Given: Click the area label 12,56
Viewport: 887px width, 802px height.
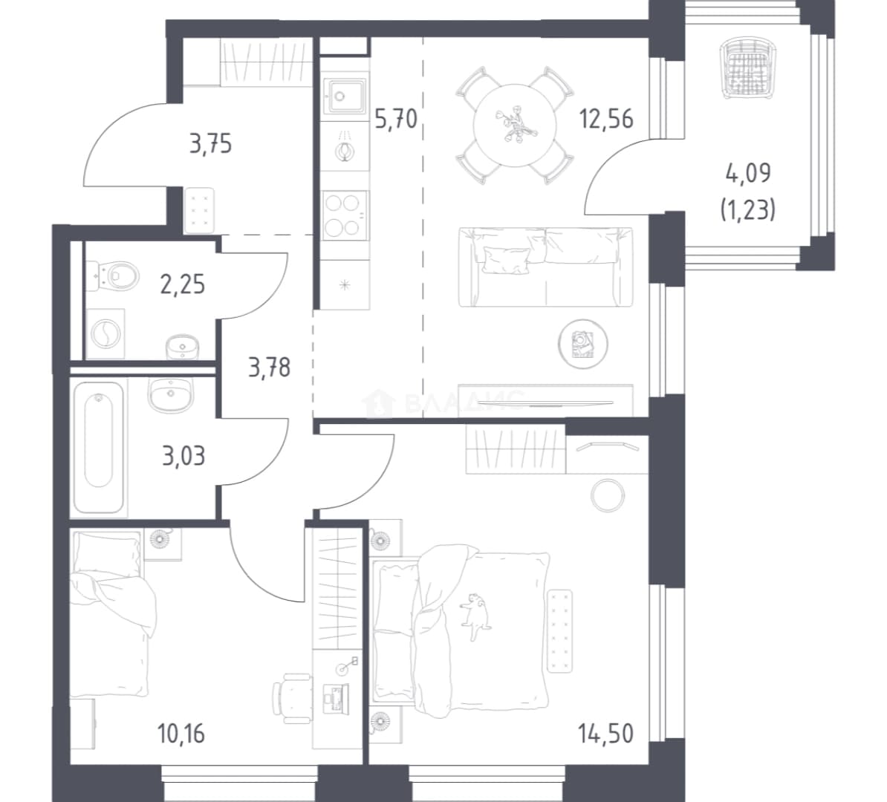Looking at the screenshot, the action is coord(605,120).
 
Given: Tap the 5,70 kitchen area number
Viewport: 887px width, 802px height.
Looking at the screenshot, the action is coord(396,120).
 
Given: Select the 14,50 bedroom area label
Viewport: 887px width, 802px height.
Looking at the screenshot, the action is coord(605,734).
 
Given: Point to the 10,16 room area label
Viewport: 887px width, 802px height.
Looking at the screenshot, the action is coord(181,734).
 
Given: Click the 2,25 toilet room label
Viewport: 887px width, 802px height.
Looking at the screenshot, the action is coord(182,284).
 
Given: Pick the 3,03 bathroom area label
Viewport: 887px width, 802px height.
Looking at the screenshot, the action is coord(183,455).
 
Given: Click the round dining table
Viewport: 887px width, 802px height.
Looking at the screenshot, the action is coord(515,125).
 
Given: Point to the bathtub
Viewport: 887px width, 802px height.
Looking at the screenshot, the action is coord(98,448).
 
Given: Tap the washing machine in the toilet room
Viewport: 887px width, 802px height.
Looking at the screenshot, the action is coord(105,333).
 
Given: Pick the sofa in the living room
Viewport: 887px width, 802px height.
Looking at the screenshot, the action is coord(546,267).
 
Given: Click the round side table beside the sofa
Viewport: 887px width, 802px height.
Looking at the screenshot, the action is coord(582,344).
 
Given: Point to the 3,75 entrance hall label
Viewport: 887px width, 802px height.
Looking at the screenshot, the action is coord(210,144).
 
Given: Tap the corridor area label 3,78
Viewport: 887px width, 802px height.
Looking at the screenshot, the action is coord(269,368).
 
